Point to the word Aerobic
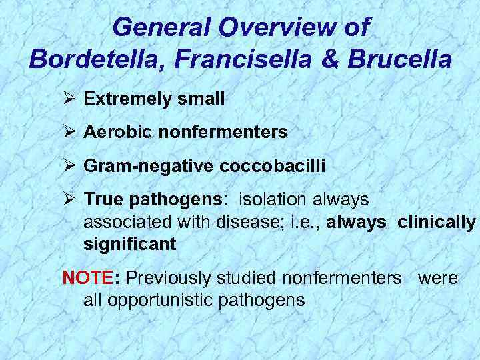[111, 133]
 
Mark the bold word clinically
[437, 222]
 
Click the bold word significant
[130, 245]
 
